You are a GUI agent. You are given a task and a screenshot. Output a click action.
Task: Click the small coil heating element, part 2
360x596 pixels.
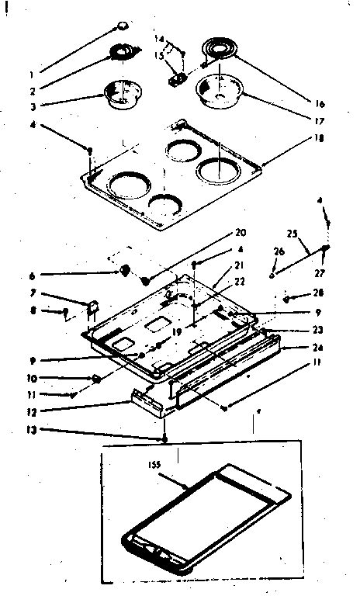[x=123, y=52]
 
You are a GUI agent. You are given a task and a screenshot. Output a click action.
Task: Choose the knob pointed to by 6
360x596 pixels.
[x=123, y=269]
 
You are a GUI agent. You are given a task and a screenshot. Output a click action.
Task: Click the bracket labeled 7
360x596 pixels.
[x=92, y=308]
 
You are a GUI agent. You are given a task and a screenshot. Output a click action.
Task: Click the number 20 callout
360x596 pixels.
[x=240, y=232]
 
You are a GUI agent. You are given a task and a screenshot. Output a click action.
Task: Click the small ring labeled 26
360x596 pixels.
[x=272, y=274]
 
